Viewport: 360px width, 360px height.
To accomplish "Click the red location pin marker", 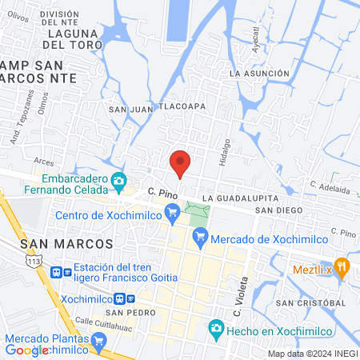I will pos(180,163).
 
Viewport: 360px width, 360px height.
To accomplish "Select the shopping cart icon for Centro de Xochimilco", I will pos(171,212).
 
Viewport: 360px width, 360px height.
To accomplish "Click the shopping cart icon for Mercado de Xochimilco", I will pos(200,236).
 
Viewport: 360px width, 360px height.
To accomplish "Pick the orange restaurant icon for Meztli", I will pos(343,267).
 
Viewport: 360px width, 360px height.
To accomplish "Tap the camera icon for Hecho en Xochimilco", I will pos(215,328).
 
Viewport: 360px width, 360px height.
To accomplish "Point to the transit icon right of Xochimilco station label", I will pos(121,298).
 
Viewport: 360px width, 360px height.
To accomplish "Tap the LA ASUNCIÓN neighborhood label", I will pos(258,73).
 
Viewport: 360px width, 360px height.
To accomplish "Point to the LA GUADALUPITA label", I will pos(240,198).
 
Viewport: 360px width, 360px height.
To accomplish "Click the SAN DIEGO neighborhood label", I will pos(278,210).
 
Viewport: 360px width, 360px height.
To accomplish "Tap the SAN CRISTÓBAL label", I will pos(310,303).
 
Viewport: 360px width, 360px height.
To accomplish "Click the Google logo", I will pos(28,350).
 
